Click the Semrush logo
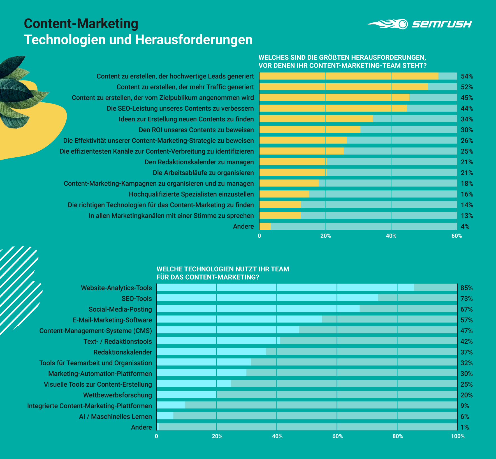[x=419, y=24]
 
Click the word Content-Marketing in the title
[x=81, y=24]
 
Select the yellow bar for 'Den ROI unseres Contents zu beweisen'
[x=310, y=130]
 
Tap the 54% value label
[x=467, y=76]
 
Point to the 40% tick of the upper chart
[x=391, y=236]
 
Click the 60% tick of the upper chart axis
[x=456, y=236]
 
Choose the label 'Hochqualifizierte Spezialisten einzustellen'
[x=191, y=194]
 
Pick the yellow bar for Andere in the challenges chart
[x=265, y=226]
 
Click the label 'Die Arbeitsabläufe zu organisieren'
[x=203, y=173]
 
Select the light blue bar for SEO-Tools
[x=267, y=298]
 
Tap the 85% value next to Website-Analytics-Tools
[x=466, y=288]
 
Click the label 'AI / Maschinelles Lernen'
[x=115, y=417]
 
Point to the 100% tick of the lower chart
[x=458, y=436]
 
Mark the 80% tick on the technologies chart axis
[x=397, y=436]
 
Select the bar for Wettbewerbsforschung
[x=186, y=395]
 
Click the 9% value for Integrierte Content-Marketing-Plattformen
[x=465, y=406]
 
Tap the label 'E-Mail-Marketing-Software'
[x=112, y=320]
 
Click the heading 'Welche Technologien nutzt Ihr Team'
[x=223, y=269]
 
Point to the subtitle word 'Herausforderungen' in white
[x=194, y=40]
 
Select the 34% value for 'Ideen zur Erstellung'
[x=467, y=119]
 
